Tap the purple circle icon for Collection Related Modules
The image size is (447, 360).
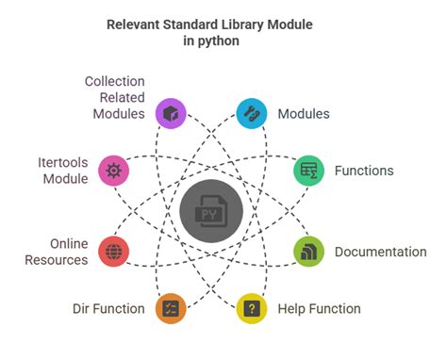171,114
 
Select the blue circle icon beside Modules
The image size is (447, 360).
251,114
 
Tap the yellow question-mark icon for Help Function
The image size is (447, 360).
251,308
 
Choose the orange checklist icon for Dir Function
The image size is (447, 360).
171,308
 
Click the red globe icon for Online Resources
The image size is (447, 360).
114,252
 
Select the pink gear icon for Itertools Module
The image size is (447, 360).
114,171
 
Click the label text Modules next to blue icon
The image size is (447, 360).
304,114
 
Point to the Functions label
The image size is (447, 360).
364,171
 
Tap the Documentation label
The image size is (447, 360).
381,252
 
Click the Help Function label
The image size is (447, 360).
319,308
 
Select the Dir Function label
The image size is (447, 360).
108,308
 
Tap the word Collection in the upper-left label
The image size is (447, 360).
114,81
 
